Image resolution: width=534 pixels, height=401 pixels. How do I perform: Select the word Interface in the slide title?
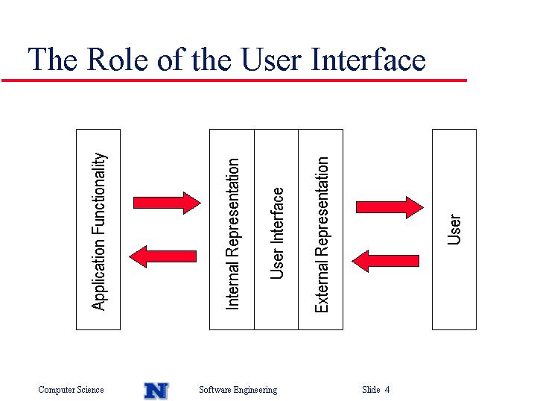[x=368, y=59]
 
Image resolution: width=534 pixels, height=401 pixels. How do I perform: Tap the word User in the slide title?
[x=271, y=60]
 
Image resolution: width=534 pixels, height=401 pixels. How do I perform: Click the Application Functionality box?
[x=98, y=230]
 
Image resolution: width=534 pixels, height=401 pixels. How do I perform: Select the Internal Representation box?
[x=232, y=230]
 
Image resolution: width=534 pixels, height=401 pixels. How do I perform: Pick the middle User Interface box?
[x=276, y=230]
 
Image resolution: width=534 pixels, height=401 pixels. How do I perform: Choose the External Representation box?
[x=320, y=230]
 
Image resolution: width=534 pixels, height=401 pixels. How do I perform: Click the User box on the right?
[x=454, y=230]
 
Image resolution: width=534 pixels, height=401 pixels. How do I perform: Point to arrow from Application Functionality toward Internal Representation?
[x=167, y=203]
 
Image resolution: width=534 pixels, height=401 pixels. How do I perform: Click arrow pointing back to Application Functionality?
[x=163, y=256]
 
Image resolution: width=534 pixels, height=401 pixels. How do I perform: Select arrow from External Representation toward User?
[x=390, y=207]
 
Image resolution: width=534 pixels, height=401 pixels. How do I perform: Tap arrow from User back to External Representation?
[x=385, y=261]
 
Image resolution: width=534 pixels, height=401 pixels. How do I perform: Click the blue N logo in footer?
[x=156, y=391]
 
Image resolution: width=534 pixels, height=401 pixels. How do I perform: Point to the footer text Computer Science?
[x=71, y=389]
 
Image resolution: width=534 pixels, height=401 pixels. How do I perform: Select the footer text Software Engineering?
[x=238, y=390]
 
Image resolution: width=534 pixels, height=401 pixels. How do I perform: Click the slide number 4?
[x=387, y=389]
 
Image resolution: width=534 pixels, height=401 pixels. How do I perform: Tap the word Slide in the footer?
[x=371, y=389]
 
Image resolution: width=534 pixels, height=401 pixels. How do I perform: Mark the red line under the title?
[x=235, y=80]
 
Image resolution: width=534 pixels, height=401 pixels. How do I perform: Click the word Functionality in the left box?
[x=99, y=194]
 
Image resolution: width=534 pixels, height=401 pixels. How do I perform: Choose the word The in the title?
[x=52, y=59]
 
